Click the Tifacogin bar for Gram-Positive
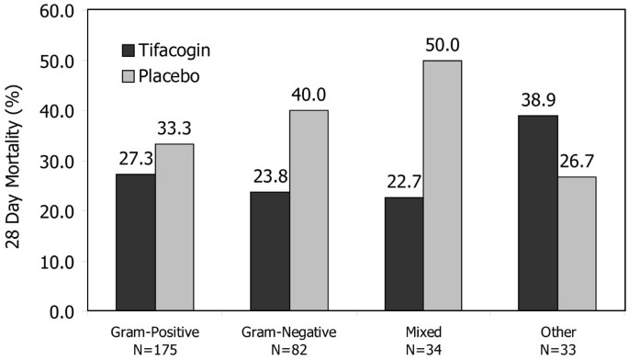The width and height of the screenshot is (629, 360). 135,242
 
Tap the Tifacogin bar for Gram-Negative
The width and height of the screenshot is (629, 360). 270,251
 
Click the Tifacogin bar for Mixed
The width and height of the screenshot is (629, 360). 404,253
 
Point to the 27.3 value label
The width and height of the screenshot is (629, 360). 135,159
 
